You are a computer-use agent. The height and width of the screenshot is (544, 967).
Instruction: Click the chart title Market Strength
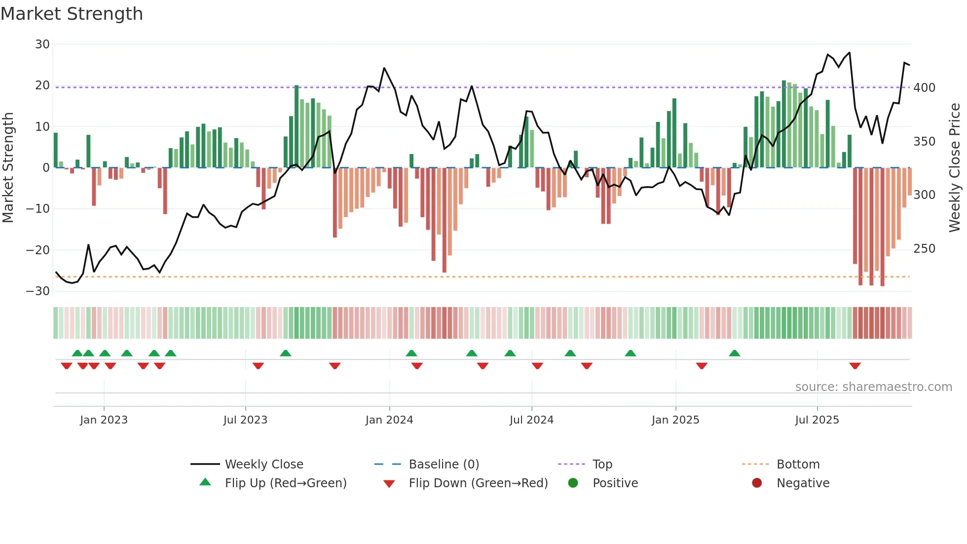pyautogui.click(x=72, y=14)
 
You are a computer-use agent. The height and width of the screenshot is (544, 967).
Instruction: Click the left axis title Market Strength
pyautogui.click(x=8, y=167)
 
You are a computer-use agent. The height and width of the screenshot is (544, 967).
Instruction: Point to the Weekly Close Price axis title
pyautogui.click(x=955, y=167)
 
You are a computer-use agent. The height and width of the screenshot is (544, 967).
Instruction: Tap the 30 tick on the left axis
pyautogui.click(x=42, y=44)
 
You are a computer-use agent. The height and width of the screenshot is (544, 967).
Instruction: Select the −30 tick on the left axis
pyautogui.click(x=38, y=291)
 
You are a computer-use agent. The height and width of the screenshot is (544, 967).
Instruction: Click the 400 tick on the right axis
pyautogui.click(x=924, y=88)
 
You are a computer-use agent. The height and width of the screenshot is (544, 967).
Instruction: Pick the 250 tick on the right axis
pyautogui.click(x=924, y=248)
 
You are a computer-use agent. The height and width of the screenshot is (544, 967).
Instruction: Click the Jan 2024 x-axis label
pyautogui.click(x=389, y=420)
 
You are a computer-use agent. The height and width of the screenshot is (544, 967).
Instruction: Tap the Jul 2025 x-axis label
pyautogui.click(x=817, y=420)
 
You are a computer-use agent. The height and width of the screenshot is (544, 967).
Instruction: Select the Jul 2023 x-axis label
pyautogui.click(x=245, y=420)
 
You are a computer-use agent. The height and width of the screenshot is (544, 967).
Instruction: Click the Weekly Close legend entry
pyautogui.click(x=264, y=465)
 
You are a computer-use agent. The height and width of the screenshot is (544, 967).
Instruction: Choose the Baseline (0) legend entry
pyautogui.click(x=444, y=465)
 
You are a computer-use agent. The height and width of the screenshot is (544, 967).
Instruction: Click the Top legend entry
pyautogui.click(x=602, y=465)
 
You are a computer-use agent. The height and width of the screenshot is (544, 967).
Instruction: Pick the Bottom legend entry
pyautogui.click(x=798, y=465)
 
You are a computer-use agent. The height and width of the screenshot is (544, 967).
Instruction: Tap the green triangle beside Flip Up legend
pyautogui.click(x=205, y=482)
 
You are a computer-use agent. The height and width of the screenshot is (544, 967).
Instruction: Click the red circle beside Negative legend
pyautogui.click(x=757, y=483)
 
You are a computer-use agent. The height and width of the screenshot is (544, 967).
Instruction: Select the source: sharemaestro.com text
pyautogui.click(x=873, y=387)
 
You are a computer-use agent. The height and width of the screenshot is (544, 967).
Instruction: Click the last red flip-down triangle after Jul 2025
pyautogui.click(x=855, y=366)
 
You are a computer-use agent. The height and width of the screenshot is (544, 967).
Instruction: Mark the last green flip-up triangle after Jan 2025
pyautogui.click(x=735, y=353)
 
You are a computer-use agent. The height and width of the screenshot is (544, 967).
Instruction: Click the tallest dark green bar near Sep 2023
pyautogui.click(x=297, y=126)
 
